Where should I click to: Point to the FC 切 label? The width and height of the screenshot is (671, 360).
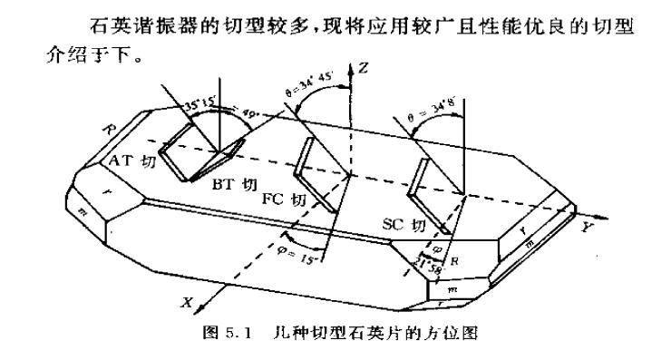pos(284,199)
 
